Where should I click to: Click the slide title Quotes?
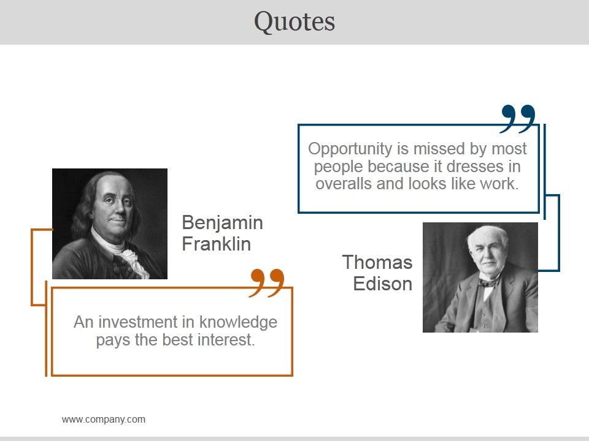(294, 21)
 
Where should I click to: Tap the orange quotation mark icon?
(268, 283)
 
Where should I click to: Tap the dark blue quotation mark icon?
(518, 118)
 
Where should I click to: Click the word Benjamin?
(222, 222)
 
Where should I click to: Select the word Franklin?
(216, 244)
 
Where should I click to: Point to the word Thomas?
(377, 262)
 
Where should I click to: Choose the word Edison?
(382, 284)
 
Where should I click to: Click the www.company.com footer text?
(104, 420)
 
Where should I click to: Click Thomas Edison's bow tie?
(489, 282)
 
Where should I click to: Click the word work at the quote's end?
(502, 184)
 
